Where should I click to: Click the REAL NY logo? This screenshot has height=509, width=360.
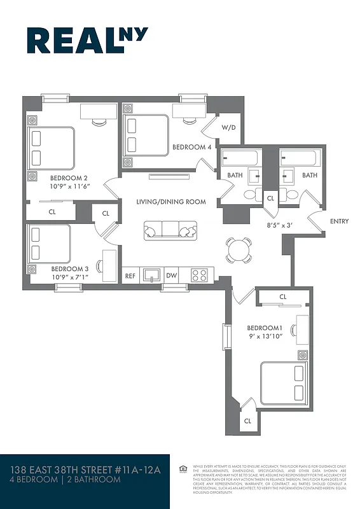click(x=87, y=40)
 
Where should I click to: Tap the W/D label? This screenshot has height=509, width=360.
click(x=228, y=127)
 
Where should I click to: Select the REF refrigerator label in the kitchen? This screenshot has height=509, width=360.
click(x=130, y=275)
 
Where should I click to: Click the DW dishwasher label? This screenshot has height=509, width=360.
click(x=171, y=275)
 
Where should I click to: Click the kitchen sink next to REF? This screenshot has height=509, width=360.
click(x=151, y=275)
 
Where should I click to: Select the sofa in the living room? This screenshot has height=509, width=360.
click(x=170, y=230)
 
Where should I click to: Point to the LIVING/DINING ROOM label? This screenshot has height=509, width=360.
click(x=171, y=202)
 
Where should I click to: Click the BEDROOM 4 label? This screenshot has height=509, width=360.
click(x=192, y=147)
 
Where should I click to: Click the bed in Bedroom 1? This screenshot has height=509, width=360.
click(x=284, y=382)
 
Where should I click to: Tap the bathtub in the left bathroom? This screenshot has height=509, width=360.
click(x=239, y=158)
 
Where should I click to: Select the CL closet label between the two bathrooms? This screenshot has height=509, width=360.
click(x=270, y=199)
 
